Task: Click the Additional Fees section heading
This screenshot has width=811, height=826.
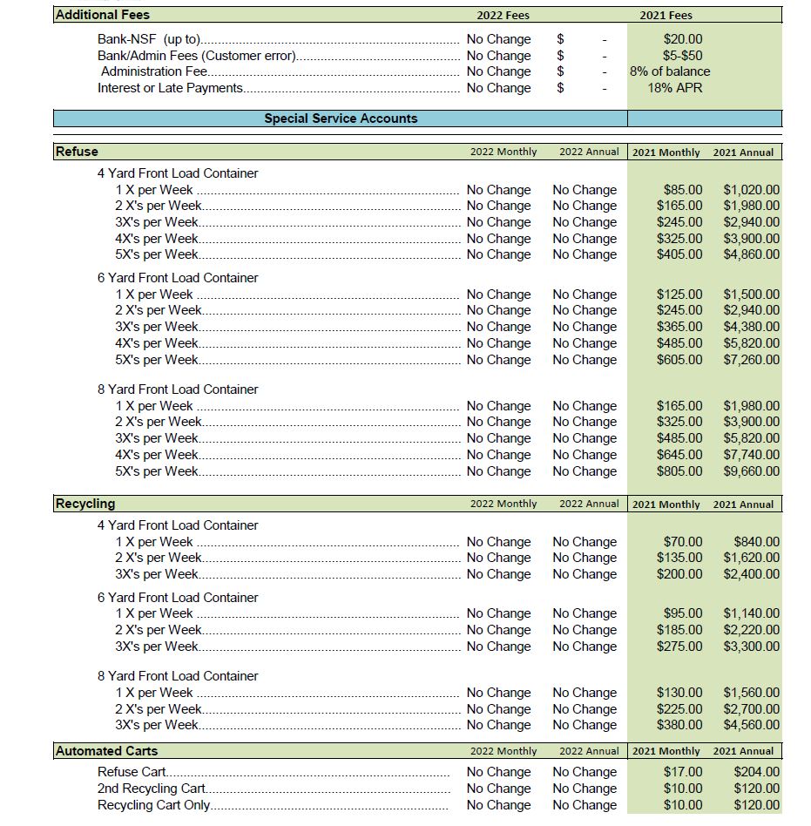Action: point(103,15)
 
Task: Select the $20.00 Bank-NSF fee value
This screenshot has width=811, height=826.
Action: point(682,39)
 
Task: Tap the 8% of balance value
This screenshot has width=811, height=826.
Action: point(669,71)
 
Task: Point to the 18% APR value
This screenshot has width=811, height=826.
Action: point(674,88)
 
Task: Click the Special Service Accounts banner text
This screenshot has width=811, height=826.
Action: point(341,118)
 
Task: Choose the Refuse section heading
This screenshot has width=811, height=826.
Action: point(77,152)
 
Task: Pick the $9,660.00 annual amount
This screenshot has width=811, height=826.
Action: point(751,471)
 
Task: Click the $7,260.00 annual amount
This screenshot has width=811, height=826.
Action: point(751,360)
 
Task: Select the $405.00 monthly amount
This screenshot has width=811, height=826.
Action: point(679,254)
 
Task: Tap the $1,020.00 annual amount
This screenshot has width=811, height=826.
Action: point(751,190)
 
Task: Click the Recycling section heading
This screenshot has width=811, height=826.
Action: point(84,504)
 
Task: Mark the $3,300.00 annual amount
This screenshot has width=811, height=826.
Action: point(751,647)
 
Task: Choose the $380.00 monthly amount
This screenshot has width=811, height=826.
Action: point(679,725)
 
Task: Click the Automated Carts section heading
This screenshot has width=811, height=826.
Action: point(106,751)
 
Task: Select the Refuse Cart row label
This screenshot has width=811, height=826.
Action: point(132,772)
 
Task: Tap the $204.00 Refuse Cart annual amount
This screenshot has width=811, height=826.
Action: point(756,772)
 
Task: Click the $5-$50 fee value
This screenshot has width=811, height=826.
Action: point(682,56)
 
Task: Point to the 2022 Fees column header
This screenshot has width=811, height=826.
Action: point(503,15)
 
